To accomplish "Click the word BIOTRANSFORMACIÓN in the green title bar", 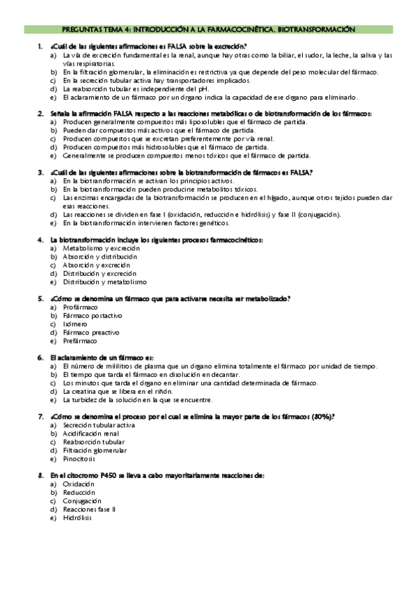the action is (x=316, y=30).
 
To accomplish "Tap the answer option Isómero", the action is (x=75, y=324).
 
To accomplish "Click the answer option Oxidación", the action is (x=78, y=484).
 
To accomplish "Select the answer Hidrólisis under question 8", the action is (x=77, y=518).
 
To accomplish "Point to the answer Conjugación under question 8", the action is (x=82, y=501).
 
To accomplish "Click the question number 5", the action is (x=40, y=298).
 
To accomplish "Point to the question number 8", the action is (x=40, y=475).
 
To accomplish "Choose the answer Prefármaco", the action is (x=80, y=341).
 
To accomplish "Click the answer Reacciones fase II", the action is (x=90, y=509).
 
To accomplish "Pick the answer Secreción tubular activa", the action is (x=99, y=425).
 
